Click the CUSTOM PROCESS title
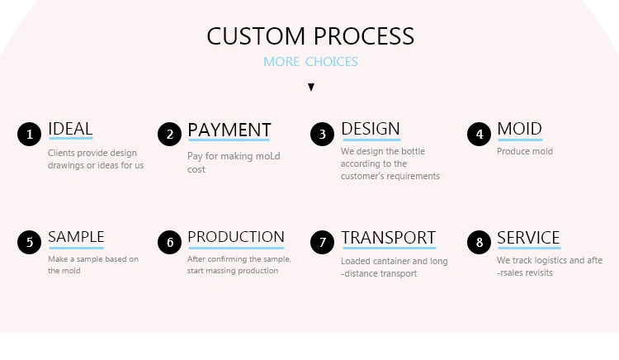[310, 36]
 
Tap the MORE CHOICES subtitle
[310, 62]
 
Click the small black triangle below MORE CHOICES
[311, 87]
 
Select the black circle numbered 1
[29, 134]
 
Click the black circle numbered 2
[169, 134]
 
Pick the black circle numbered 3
[323, 134]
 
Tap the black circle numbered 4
[479, 134]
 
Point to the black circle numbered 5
[29, 242]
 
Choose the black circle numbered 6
[169, 242]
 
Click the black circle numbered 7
[323, 242]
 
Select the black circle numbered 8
[479, 242]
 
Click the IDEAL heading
[70, 129]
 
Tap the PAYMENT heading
[229, 130]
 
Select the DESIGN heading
[370, 129]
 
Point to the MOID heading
[519, 129]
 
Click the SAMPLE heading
[76, 237]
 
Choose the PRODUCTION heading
[236, 237]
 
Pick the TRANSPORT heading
[388, 238]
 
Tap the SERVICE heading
[528, 238]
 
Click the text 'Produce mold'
[525, 151]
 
